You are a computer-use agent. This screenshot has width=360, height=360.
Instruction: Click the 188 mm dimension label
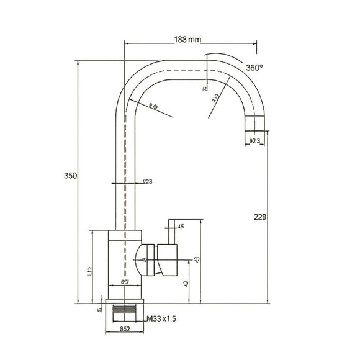[187, 40]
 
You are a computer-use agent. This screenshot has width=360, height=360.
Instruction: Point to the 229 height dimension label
[260, 217]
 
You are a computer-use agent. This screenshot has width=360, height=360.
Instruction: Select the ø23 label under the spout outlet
[254, 142]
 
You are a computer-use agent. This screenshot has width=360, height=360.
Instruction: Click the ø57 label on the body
[124, 281]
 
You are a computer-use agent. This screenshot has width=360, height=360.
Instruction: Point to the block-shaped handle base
[168, 259]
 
